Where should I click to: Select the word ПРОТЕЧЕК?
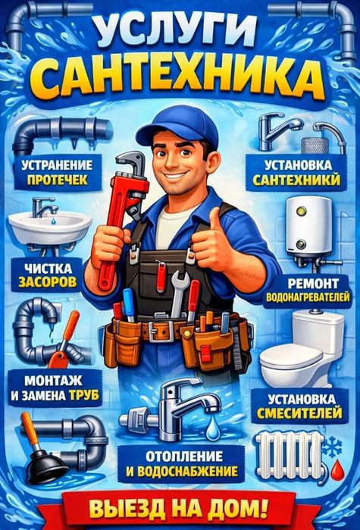pyautogui.click(x=58, y=180)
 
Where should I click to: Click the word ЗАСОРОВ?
pyautogui.click(x=47, y=281)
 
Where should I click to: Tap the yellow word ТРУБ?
pyautogui.click(x=84, y=395)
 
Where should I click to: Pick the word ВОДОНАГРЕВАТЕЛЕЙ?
pyautogui.click(x=308, y=297)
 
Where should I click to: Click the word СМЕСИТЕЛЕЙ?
pyautogui.click(x=299, y=413)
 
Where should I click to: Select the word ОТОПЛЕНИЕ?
pyautogui.click(x=184, y=456)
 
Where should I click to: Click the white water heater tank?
pyautogui.click(x=309, y=226)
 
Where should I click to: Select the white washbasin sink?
pyautogui.click(x=50, y=227)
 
